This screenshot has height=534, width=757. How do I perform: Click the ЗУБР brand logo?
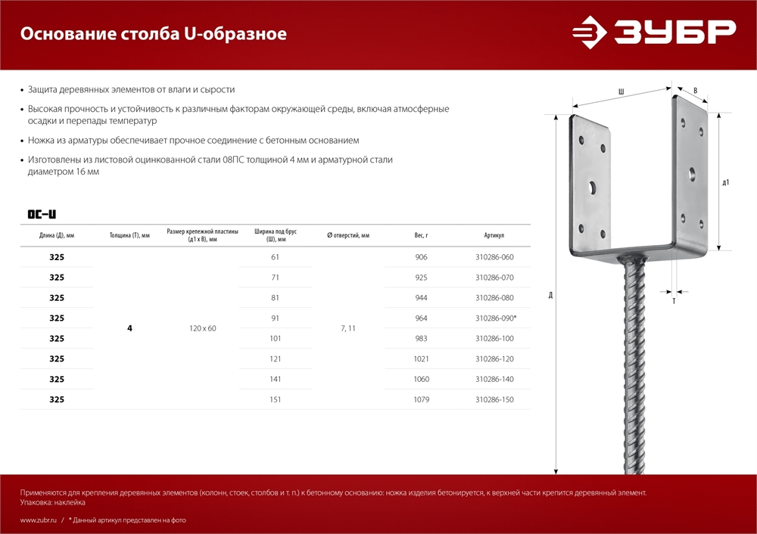point(653,33)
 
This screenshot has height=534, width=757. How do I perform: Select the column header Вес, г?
point(422,235)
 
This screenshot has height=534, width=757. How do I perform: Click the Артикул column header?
point(494,235)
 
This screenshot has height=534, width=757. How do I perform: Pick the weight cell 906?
point(422,257)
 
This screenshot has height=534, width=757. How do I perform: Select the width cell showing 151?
point(276,399)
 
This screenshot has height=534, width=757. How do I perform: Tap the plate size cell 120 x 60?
point(202,328)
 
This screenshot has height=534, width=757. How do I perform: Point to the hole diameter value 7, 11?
point(347,328)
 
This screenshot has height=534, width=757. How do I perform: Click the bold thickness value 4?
point(129,328)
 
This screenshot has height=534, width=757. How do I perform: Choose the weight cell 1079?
point(422,399)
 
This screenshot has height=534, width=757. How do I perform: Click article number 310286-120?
point(494,359)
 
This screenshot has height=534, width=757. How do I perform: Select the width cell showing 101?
point(276,339)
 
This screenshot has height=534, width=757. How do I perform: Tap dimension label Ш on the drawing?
point(621,92)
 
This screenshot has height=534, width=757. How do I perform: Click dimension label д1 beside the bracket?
point(726,182)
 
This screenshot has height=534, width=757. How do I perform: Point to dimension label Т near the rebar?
point(674,301)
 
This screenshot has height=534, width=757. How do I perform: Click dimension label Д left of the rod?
point(550,294)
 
